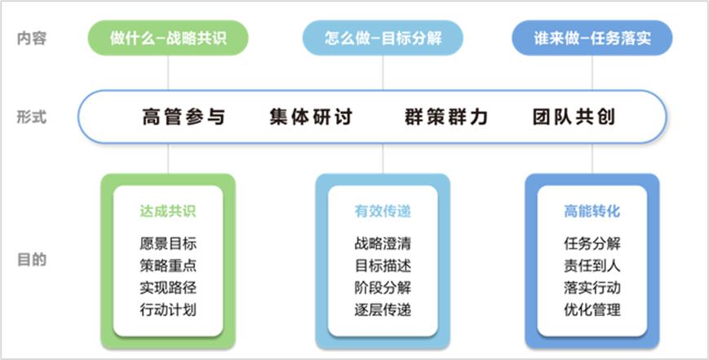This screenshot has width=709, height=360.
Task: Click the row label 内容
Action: point(32,38)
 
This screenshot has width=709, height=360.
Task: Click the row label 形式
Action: point(32,117)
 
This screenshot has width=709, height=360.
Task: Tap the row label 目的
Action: point(32,260)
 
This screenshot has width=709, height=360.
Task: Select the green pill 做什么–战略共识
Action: point(168,38)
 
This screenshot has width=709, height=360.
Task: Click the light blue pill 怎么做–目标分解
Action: point(383,38)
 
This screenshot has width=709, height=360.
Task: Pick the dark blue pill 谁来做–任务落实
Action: point(592,38)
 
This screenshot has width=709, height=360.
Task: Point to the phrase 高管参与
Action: point(184,117)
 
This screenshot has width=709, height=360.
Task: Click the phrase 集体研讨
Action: point(311,117)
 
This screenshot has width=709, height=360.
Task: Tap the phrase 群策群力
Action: point(446,117)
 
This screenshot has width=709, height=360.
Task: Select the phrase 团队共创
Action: point(574,117)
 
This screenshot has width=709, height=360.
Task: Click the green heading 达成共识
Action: point(168,211)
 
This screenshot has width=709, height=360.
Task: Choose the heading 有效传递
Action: point(383,211)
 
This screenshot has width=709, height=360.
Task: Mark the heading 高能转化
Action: point(592,211)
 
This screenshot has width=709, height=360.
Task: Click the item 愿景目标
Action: point(168,244)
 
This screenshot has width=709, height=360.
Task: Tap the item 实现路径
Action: point(168,287)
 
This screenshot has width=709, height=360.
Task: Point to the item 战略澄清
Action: point(383,244)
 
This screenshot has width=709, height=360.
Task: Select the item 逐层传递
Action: point(383,310)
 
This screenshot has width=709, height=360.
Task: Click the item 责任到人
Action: point(592,265)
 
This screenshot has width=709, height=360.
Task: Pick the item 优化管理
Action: point(592,310)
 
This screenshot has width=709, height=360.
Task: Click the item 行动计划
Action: point(168,310)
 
